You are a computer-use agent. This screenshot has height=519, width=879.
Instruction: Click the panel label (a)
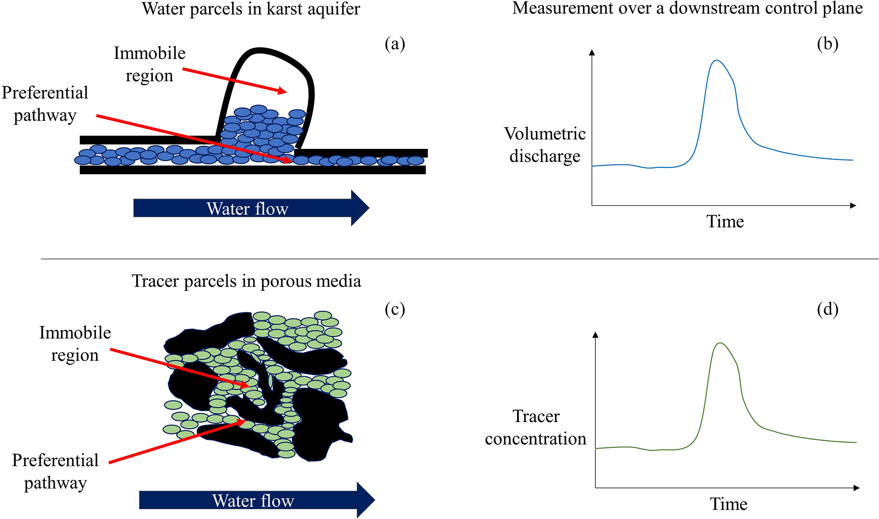395,44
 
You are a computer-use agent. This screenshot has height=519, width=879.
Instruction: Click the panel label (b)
828,44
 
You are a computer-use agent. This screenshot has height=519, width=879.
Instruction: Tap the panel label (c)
395,309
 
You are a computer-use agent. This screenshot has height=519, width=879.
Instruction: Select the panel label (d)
828,309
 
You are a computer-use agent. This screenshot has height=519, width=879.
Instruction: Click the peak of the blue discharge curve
717,60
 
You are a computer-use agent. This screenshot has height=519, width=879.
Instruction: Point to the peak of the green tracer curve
720,343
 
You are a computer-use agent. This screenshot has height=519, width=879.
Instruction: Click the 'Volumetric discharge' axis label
545,145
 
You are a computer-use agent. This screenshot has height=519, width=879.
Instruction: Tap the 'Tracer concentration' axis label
536,427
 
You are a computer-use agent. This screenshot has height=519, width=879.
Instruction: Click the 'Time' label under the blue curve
725,221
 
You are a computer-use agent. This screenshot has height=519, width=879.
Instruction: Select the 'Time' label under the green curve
728,504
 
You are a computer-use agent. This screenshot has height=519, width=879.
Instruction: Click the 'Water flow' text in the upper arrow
247,209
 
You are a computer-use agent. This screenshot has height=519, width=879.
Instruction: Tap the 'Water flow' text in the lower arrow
253,501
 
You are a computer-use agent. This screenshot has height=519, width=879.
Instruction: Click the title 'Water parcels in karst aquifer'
251,9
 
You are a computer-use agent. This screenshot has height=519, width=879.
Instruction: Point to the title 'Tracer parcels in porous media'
247,281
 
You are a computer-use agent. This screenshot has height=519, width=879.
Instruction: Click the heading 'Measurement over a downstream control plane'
687,8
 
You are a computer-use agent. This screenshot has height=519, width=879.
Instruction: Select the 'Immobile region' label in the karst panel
150,64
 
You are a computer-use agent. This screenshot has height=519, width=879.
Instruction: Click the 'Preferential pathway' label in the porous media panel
55,471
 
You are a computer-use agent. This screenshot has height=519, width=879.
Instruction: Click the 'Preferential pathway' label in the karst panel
45,104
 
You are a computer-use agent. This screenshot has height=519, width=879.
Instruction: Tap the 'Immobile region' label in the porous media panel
75,343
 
